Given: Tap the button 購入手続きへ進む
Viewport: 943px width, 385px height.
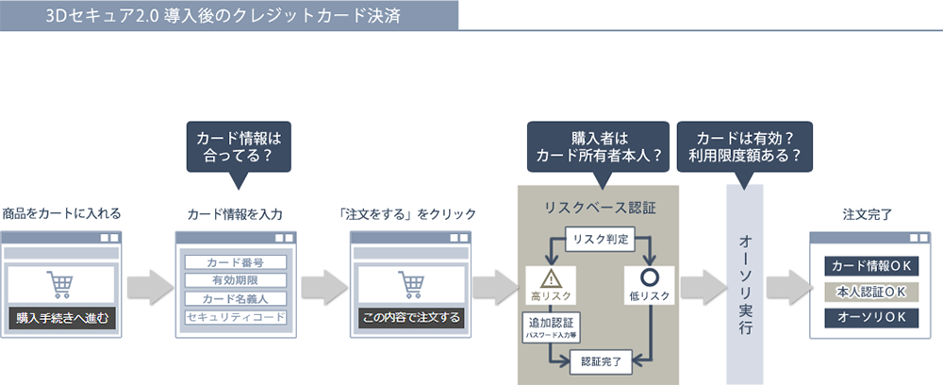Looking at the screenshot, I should pos(61,318).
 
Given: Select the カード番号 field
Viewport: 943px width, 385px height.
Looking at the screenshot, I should pos(235,261).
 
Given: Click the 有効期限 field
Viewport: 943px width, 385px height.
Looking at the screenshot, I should pos(235,280).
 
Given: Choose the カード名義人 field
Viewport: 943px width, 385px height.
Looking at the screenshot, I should pos(235,298).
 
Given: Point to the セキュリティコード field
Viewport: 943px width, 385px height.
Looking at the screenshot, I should pos(235,317).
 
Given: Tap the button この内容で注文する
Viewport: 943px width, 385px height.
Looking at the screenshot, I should pos(410,318).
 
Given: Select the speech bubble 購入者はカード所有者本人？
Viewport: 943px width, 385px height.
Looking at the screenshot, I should pos(597,146).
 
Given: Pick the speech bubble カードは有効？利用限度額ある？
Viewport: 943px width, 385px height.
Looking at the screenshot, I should pos(745,146).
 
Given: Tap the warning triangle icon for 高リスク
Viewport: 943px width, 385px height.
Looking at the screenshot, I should pos(547,277).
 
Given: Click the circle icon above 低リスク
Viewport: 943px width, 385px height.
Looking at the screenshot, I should pos(648,277).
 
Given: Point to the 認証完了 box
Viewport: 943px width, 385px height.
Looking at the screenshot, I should pos(600,360).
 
